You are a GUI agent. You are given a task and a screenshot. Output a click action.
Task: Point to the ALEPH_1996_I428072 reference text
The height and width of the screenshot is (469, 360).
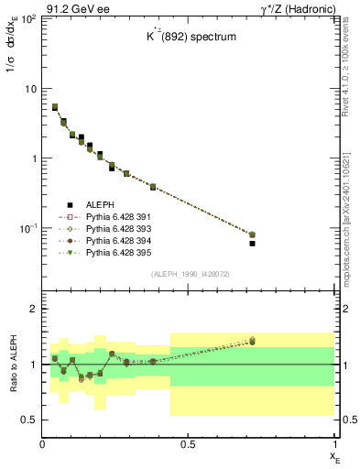(189, 273)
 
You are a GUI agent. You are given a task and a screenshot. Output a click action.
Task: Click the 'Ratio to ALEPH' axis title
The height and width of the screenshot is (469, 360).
(11, 364)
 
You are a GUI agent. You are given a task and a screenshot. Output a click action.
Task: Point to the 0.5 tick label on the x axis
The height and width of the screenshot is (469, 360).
(188, 444)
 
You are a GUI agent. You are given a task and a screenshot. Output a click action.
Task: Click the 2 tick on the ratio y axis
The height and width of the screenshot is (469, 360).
(34, 309)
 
